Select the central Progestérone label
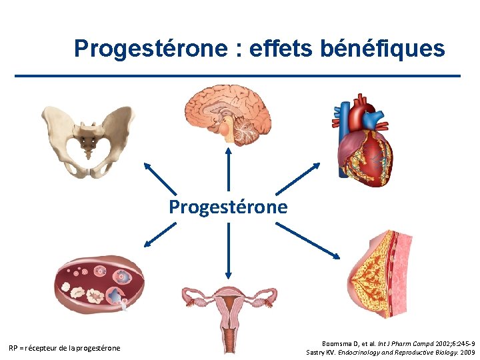click(228, 207)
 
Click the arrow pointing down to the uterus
click(229, 250)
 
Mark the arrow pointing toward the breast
click(307, 241)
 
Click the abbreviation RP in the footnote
click(13, 348)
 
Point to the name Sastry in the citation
click(317, 351)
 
